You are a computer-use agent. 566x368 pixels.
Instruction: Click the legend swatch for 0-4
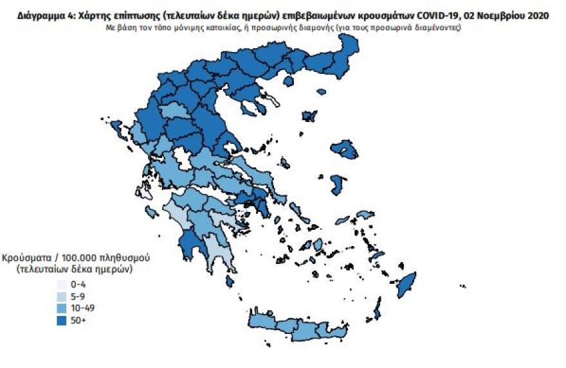(x=62, y=284)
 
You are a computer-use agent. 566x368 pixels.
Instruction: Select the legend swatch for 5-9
(x=62, y=296)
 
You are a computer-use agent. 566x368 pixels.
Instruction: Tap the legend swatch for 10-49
(x=62, y=308)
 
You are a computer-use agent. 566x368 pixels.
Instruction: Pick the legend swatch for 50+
(x=62, y=320)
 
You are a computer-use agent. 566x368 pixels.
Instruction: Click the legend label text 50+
(x=78, y=320)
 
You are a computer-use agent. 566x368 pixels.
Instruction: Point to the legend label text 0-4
(x=78, y=284)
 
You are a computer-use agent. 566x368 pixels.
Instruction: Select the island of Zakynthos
(x=152, y=212)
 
